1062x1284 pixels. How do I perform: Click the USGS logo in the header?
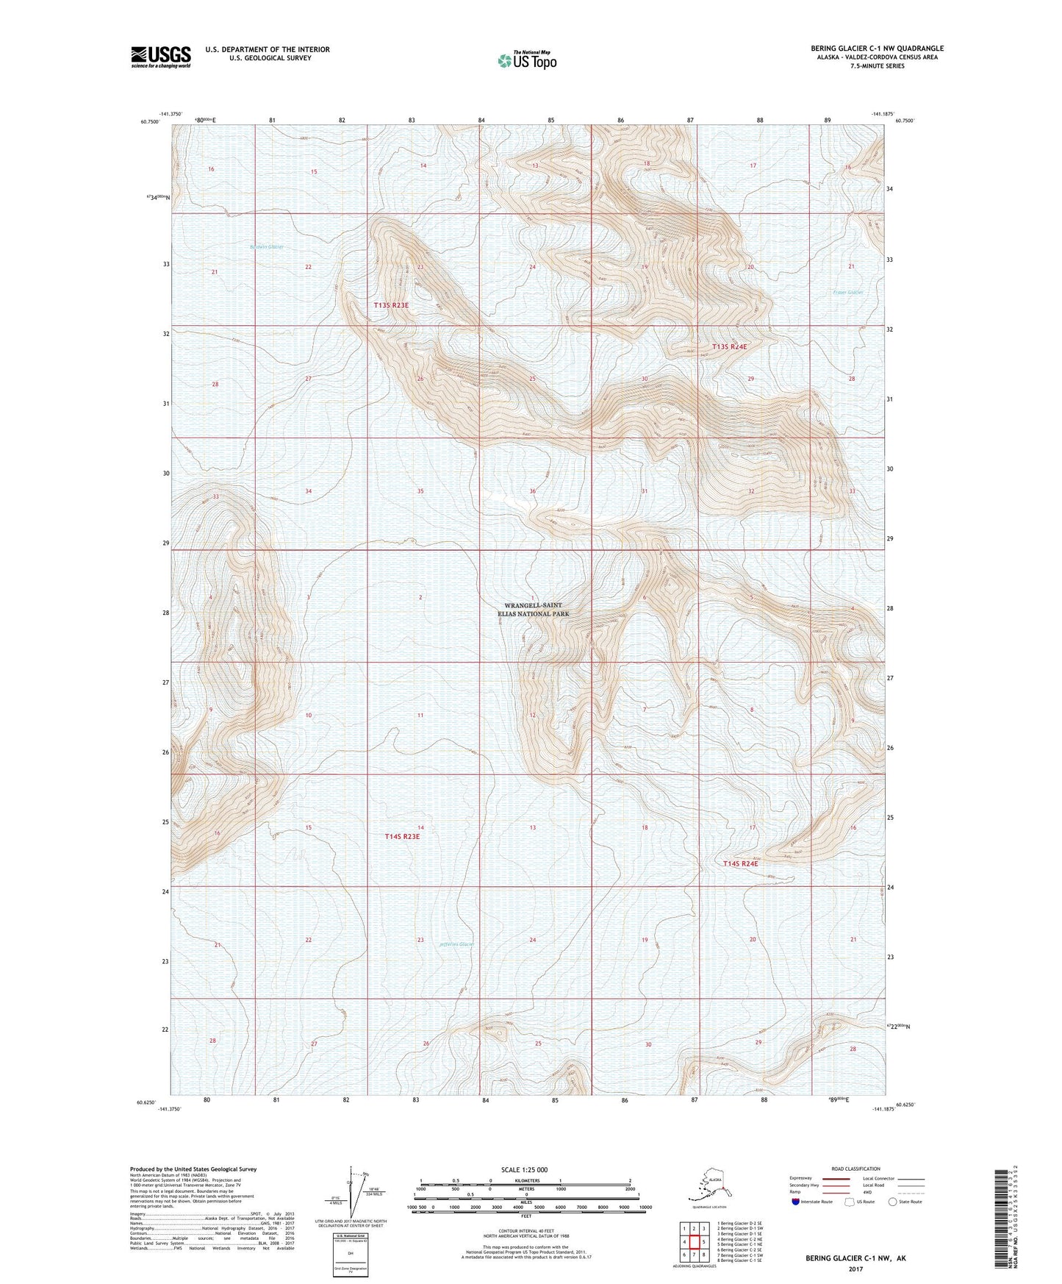160,57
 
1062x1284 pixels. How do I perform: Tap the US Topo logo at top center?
526,60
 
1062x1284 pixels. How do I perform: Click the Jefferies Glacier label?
456,944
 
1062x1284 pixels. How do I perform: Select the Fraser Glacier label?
847,292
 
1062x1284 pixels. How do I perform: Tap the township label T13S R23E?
391,304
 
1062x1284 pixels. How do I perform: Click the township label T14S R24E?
740,863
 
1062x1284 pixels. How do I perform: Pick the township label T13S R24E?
729,346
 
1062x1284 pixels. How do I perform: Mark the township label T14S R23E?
402,836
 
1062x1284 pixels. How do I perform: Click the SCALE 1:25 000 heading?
524,1169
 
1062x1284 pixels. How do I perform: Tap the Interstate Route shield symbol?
797,1202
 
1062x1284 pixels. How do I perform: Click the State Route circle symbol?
893,1202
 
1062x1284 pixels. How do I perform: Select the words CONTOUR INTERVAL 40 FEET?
525,1216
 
